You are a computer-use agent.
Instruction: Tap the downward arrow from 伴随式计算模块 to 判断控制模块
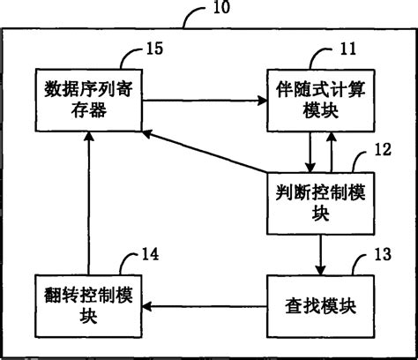pos(310,150)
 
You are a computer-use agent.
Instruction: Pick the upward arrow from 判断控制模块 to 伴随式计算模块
pos(331,150)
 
